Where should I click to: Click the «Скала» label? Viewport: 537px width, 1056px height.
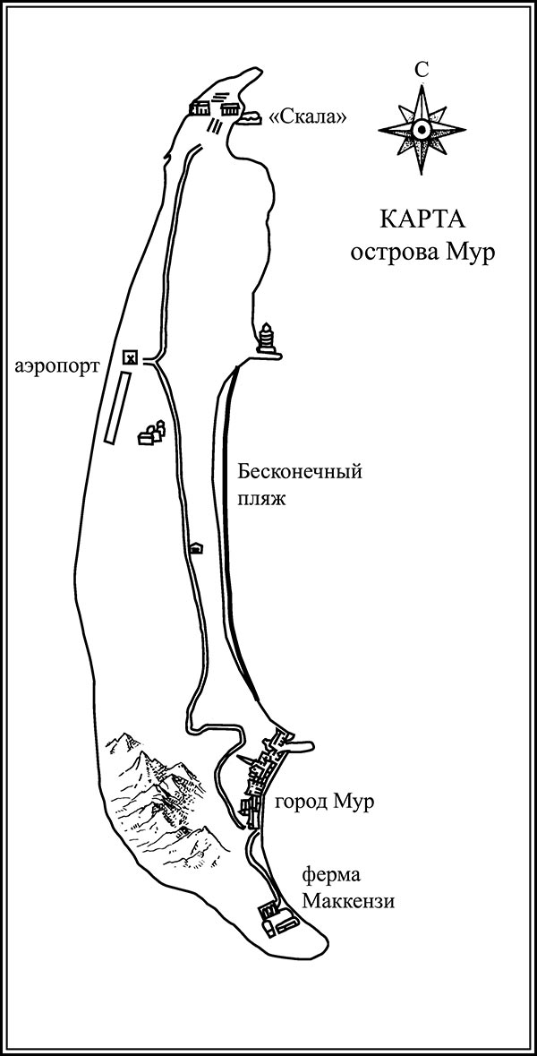point(309,117)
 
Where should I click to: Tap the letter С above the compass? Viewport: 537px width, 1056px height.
point(422,69)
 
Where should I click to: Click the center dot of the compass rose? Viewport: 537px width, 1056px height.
point(422,129)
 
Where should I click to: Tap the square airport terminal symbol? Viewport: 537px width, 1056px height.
point(130,357)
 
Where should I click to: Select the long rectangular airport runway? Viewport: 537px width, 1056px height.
point(115,408)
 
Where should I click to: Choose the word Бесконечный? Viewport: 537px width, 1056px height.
point(300,471)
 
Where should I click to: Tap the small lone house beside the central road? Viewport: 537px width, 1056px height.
point(196,548)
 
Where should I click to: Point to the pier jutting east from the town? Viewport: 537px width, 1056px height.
point(300,745)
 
